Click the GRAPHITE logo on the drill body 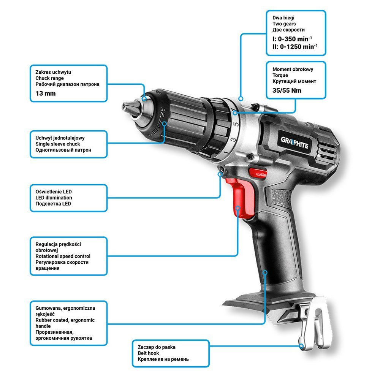(294, 143)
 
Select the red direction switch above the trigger (258, 173)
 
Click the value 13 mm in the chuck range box (46, 93)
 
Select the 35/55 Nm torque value (287, 91)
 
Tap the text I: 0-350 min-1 (292, 39)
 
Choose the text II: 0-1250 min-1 (295, 46)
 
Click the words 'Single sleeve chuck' (58, 144)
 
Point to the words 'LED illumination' (54, 198)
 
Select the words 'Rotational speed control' (63, 256)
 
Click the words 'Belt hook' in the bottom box (148, 353)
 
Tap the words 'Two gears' (284, 24)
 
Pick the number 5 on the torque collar (236, 124)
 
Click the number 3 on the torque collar (233, 140)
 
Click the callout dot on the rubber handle (265, 272)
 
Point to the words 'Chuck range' (49, 78)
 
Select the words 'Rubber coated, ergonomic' (65, 320)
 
